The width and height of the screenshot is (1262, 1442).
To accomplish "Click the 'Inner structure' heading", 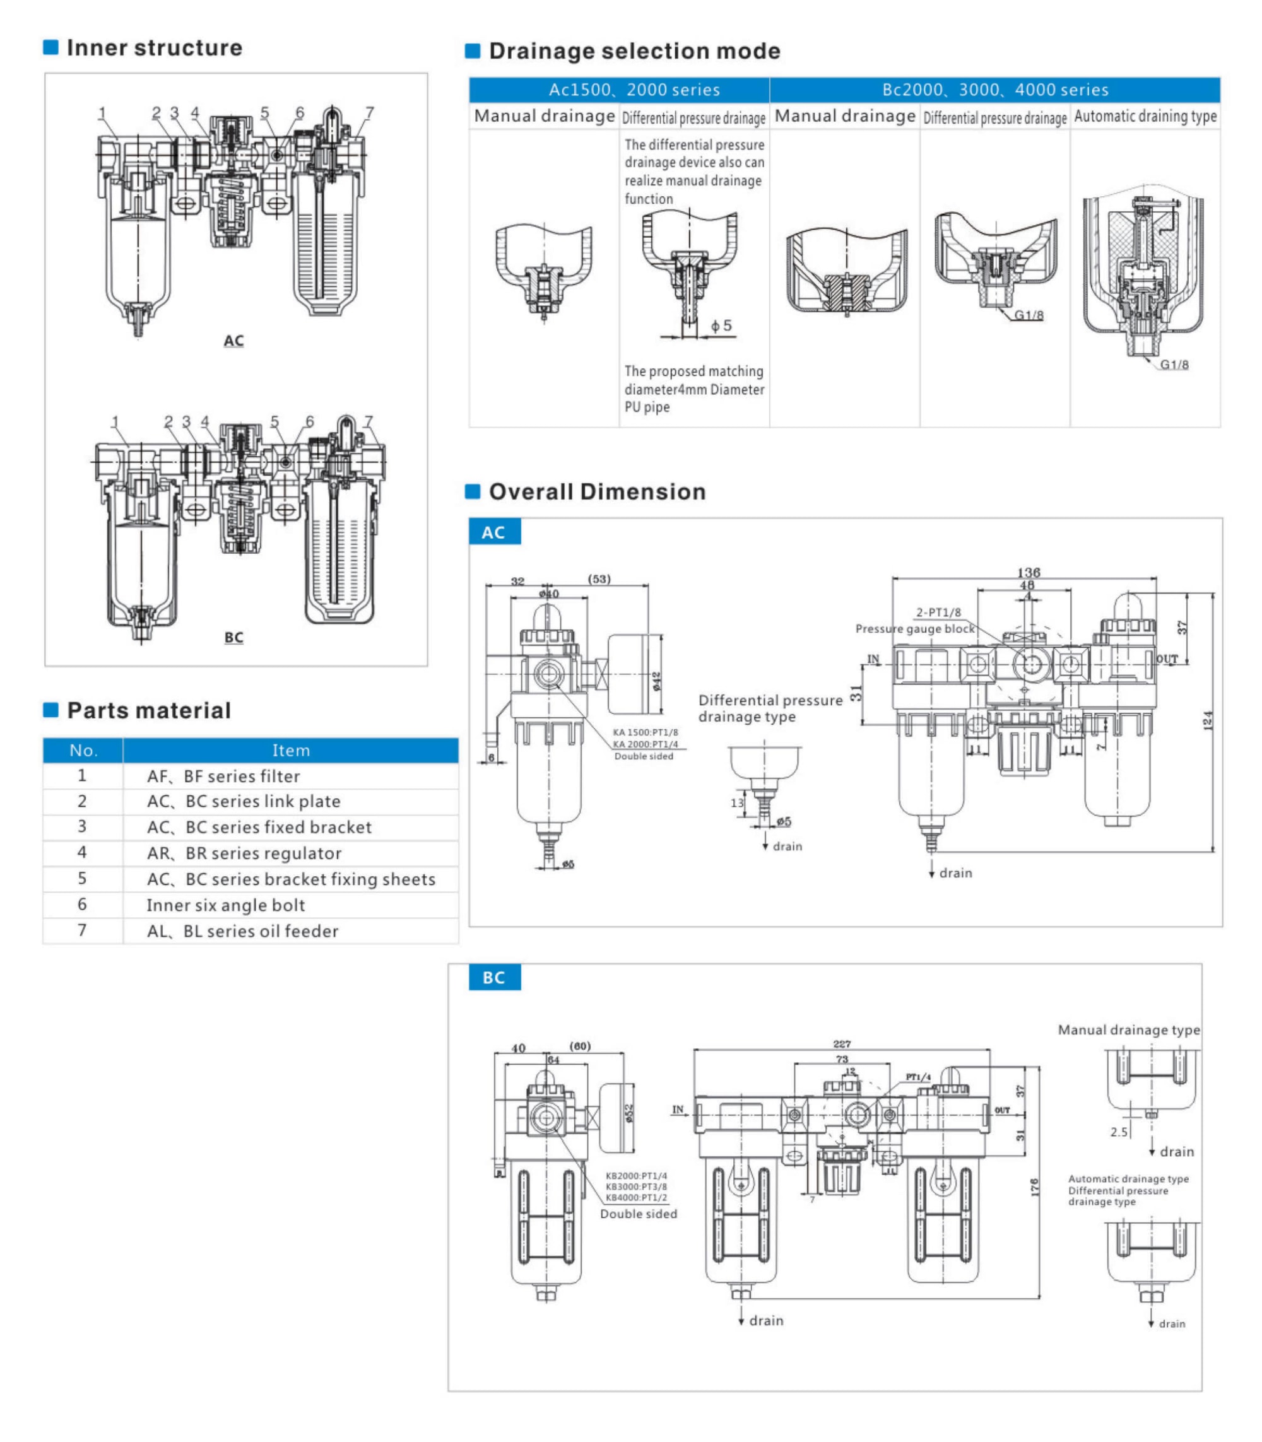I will point(153,48).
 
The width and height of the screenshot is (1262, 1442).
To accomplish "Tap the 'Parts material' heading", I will point(148,710).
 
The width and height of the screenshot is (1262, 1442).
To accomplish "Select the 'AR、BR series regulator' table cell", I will point(244,853).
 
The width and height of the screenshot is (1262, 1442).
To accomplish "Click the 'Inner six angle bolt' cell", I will point(225,905).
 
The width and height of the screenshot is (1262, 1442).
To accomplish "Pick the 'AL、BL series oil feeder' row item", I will point(242,932).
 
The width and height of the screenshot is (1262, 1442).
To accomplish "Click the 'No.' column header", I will point(83,751).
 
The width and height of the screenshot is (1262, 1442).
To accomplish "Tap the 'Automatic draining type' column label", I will point(1145,117).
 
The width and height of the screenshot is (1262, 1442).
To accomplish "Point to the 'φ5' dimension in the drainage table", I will point(721,325).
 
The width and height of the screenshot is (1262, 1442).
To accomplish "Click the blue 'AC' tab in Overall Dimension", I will point(493,532).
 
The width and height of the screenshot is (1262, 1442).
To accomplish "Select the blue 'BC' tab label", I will point(493,977).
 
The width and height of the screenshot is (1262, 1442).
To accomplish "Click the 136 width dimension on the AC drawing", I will point(1028,572).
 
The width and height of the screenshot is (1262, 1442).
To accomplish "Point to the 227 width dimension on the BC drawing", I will point(842,1043).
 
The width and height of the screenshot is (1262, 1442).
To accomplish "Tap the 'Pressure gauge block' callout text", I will point(915,629).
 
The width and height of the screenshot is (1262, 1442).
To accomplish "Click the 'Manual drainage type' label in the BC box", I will point(1128,1030).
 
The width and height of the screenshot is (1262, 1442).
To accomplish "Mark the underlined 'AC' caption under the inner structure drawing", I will point(234,341).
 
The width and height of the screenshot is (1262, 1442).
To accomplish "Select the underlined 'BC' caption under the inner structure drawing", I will point(234,638).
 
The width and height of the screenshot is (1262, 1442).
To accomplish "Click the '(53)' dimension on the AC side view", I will point(599,579).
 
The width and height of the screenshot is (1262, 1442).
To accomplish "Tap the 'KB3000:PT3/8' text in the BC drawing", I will point(636,1187).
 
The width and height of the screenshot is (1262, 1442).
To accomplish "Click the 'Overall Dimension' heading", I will point(596,492).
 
